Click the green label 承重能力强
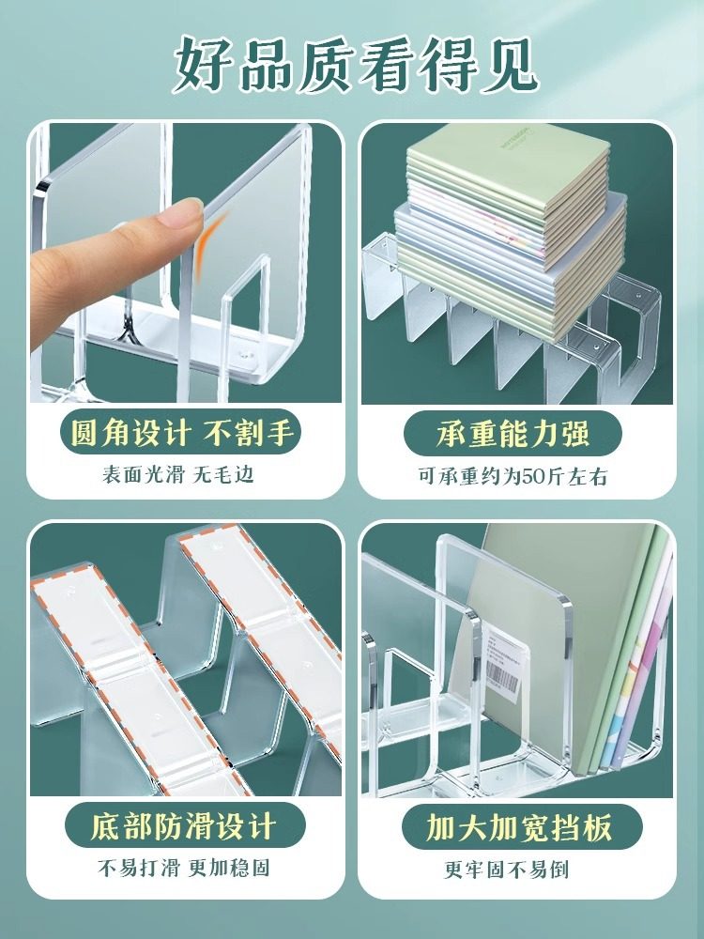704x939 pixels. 513,435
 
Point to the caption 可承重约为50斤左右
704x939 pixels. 513,477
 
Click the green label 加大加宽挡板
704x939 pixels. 519,827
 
